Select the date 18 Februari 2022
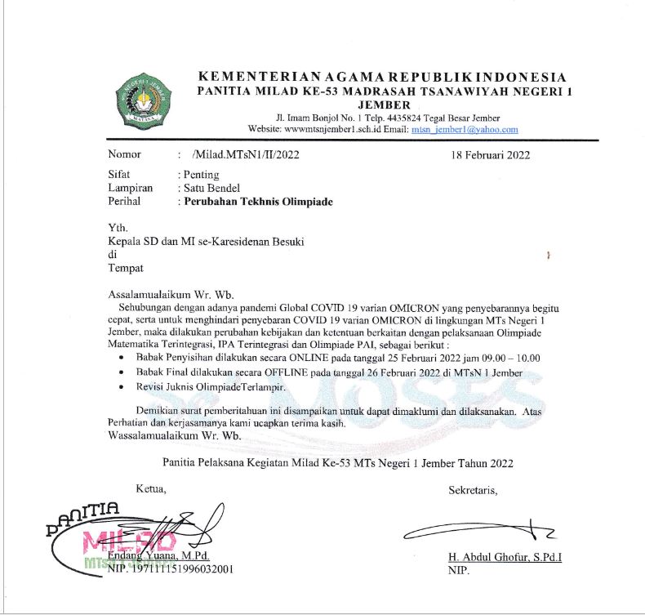491,154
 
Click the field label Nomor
125,154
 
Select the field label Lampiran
131,188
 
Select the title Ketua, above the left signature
150,490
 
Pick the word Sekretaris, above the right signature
473,490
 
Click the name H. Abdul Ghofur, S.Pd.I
510,557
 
